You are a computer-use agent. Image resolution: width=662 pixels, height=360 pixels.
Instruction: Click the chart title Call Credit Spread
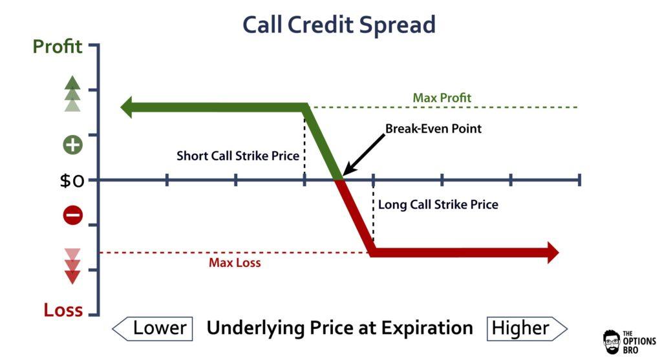(339, 25)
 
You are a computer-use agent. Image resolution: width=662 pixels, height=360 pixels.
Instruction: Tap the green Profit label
(58, 47)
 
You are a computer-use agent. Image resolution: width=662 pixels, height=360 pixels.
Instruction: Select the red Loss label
(63, 310)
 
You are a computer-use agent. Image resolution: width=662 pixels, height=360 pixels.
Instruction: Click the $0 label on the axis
(72, 181)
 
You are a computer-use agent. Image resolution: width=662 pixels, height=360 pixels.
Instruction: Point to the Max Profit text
(442, 98)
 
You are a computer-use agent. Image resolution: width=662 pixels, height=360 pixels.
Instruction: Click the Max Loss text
(235, 263)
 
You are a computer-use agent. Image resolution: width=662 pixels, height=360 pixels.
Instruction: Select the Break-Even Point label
(433, 129)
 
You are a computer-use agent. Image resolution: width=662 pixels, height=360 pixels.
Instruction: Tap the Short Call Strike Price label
(238, 156)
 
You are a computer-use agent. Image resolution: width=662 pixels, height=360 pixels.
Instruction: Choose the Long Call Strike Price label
(438, 205)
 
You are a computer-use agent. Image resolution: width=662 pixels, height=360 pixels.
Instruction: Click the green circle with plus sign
(72, 145)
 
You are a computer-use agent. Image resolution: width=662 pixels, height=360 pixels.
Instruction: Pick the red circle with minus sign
(72, 215)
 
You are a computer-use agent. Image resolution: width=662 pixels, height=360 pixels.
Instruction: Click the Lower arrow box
(153, 328)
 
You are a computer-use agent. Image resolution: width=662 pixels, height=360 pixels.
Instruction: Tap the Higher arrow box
(527, 328)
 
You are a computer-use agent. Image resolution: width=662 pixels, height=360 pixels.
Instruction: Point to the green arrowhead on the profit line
(127, 107)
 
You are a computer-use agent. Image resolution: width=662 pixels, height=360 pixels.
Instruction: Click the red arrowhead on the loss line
(553, 253)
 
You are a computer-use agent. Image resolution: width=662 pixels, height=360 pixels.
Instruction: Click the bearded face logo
(612, 342)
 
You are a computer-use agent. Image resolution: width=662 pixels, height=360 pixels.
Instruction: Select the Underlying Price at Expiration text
(339, 328)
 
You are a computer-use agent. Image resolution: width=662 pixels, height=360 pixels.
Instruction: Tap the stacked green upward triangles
(72, 94)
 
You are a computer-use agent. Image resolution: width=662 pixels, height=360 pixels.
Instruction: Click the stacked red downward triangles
(72, 266)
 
